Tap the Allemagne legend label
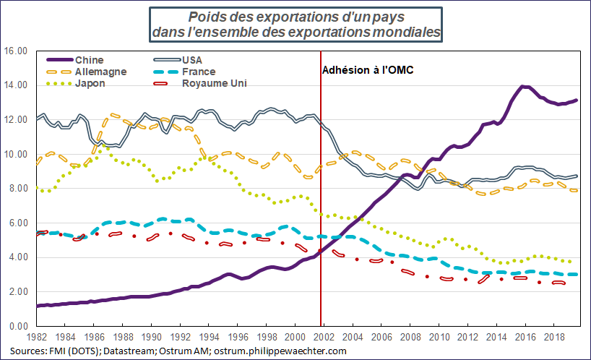pos(100,72)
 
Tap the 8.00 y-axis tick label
pos(17,189)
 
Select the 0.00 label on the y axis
pos(17,326)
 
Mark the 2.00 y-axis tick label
pos(17,292)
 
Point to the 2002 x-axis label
pos(324,338)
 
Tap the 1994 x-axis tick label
pos(209,338)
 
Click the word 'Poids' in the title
pos(205,17)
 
